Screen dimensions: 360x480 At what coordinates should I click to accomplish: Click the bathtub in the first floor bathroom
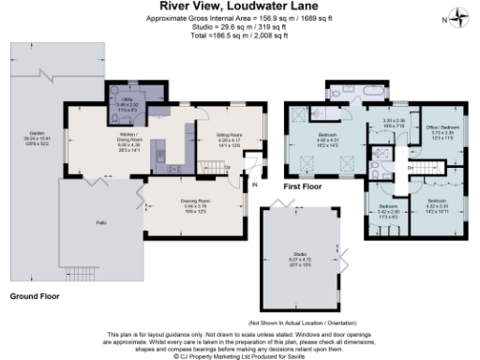coord(347,95)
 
